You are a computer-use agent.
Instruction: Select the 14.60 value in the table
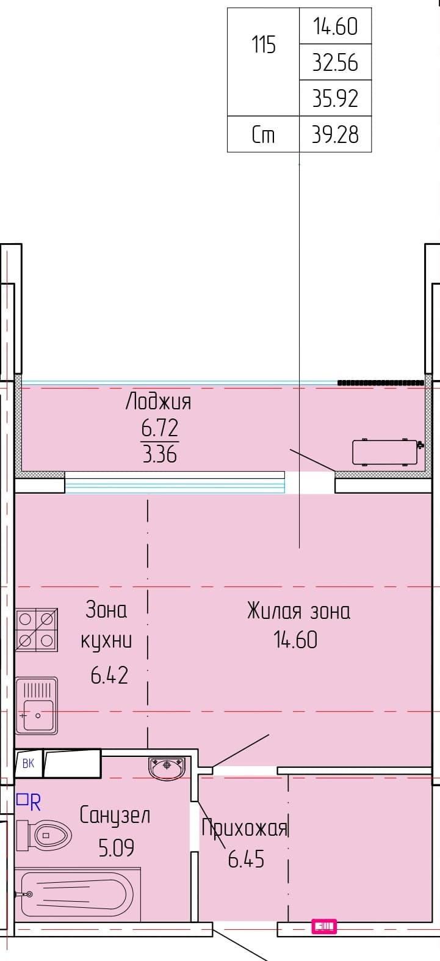click(335, 26)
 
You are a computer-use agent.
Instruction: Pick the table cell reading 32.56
click(335, 62)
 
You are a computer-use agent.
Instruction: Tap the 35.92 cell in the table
click(335, 98)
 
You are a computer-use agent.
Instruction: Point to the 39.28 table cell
click(335, 134)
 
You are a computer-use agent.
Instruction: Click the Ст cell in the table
click(263, 134)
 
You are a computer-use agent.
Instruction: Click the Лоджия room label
click(159, 401)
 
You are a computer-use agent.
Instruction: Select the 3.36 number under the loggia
click(160, 454)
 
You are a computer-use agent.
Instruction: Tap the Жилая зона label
click(298, 611)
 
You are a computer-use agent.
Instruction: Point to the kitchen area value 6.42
click(109, 675)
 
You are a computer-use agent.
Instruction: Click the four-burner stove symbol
click(37, 630)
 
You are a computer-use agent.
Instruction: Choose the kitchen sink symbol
click(37, 706)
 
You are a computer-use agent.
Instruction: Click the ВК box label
click(28, 763)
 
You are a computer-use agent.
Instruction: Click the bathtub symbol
click(78, 894)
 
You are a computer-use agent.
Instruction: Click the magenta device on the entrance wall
click(324, 927)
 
